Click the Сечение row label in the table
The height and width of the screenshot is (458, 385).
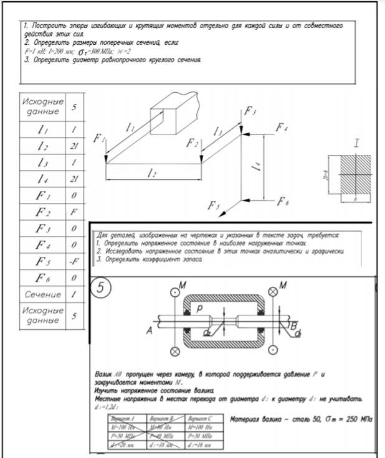(40, 293)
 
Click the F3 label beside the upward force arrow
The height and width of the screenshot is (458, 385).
(249, 111)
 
